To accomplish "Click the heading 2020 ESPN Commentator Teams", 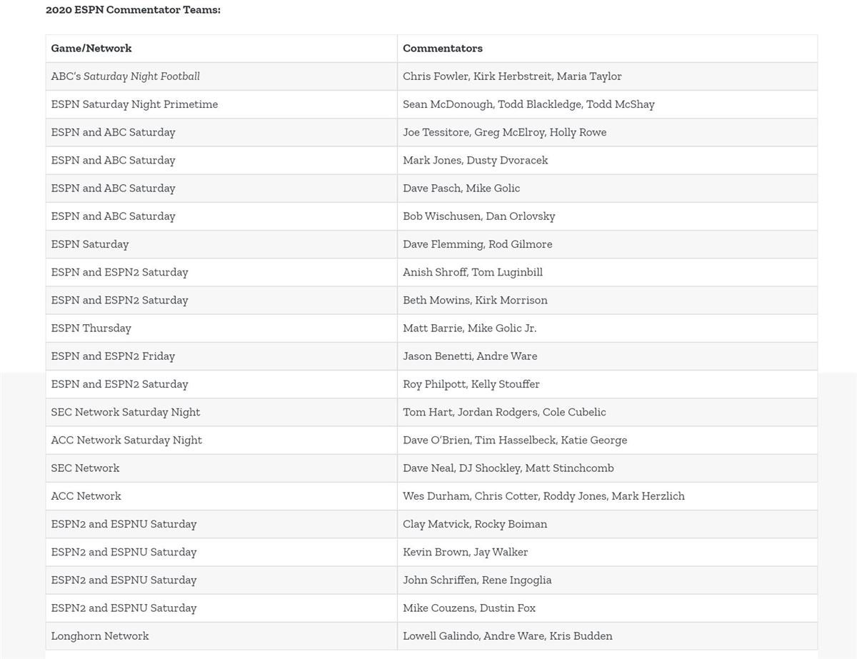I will (x=133, y=10).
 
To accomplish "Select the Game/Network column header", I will (x=91, y=49).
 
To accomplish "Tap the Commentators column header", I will (x=443, y=49).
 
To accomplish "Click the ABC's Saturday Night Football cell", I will (x=126, y=76).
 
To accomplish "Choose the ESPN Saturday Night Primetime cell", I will (x=134, y=104).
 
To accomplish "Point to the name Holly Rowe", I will (x=578, y=132).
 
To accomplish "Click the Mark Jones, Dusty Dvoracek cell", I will (x=476, y=160).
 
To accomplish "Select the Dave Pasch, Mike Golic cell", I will (x=461, y=188).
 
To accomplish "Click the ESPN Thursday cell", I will (x=91, y=328).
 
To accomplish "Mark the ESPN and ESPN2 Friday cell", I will (x=113, y=356).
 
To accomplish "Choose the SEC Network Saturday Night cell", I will (x=126, y=412).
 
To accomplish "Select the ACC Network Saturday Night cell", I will (x=126, y=440).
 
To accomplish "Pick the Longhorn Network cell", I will (x=100, y=636).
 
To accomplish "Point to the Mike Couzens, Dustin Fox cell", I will (x=469, y=608).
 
